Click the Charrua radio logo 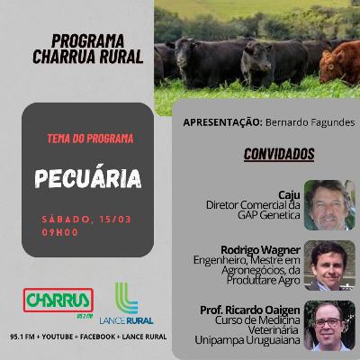point(58,301)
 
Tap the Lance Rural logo point(127,303)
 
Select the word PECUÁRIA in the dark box point(88,178)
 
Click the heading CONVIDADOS point(279,154)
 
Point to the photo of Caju point(329,205)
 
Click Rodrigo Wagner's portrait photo point(329,265)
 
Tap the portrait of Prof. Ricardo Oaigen point(329,326)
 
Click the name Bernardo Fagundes point(310,122)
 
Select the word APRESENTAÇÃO point(221,122)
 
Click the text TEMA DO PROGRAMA point(90,139)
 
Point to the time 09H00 point(59,232)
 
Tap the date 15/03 point(115,220)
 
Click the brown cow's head point(332,66)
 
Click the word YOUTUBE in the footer point(58,337)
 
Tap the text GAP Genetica point(269,215)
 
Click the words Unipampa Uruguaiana point(247,340)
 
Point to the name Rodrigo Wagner point(260,249)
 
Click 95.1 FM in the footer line point(22,337)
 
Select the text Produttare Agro point(264,280)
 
